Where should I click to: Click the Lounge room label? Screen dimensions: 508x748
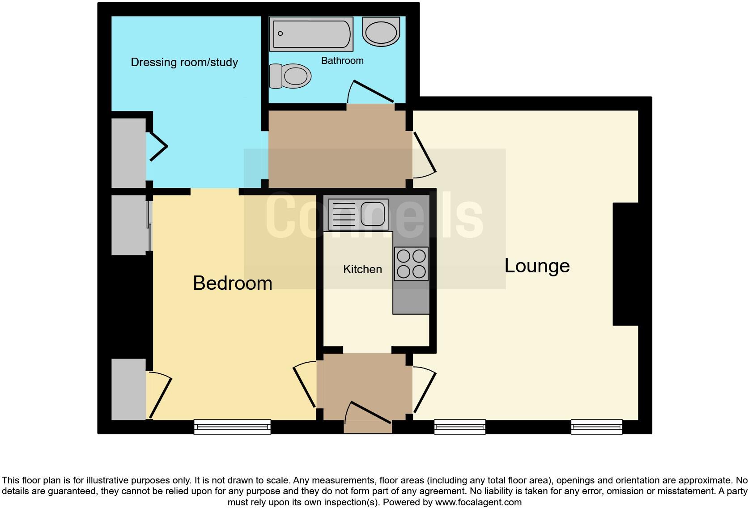click(x=537, y=266)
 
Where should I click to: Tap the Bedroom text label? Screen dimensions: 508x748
click(x=232, y=284)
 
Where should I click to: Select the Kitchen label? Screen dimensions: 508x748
click(x=362, y=269)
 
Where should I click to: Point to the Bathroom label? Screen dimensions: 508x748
click(x=342, y=61)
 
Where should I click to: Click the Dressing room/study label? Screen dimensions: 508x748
click(x=184, y=62)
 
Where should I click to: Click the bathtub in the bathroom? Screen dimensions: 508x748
click(x=311, y=34)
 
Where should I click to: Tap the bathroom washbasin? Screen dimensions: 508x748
click(x=381, y=31)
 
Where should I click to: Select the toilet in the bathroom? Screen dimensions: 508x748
click(x=291, y=76)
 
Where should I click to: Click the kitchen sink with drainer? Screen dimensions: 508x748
click(x=358, y=215)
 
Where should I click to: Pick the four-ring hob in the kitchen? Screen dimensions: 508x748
click(x=411, y=264)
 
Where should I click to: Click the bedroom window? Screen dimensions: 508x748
click(x=232, y=427)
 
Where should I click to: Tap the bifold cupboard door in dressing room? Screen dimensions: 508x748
click(x=158, y=146)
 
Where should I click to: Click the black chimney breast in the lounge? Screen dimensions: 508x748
click(x=625, y=264)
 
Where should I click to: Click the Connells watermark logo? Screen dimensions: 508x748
click(x=374, y=216)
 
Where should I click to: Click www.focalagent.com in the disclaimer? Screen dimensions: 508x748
click(x=478, y=502)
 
